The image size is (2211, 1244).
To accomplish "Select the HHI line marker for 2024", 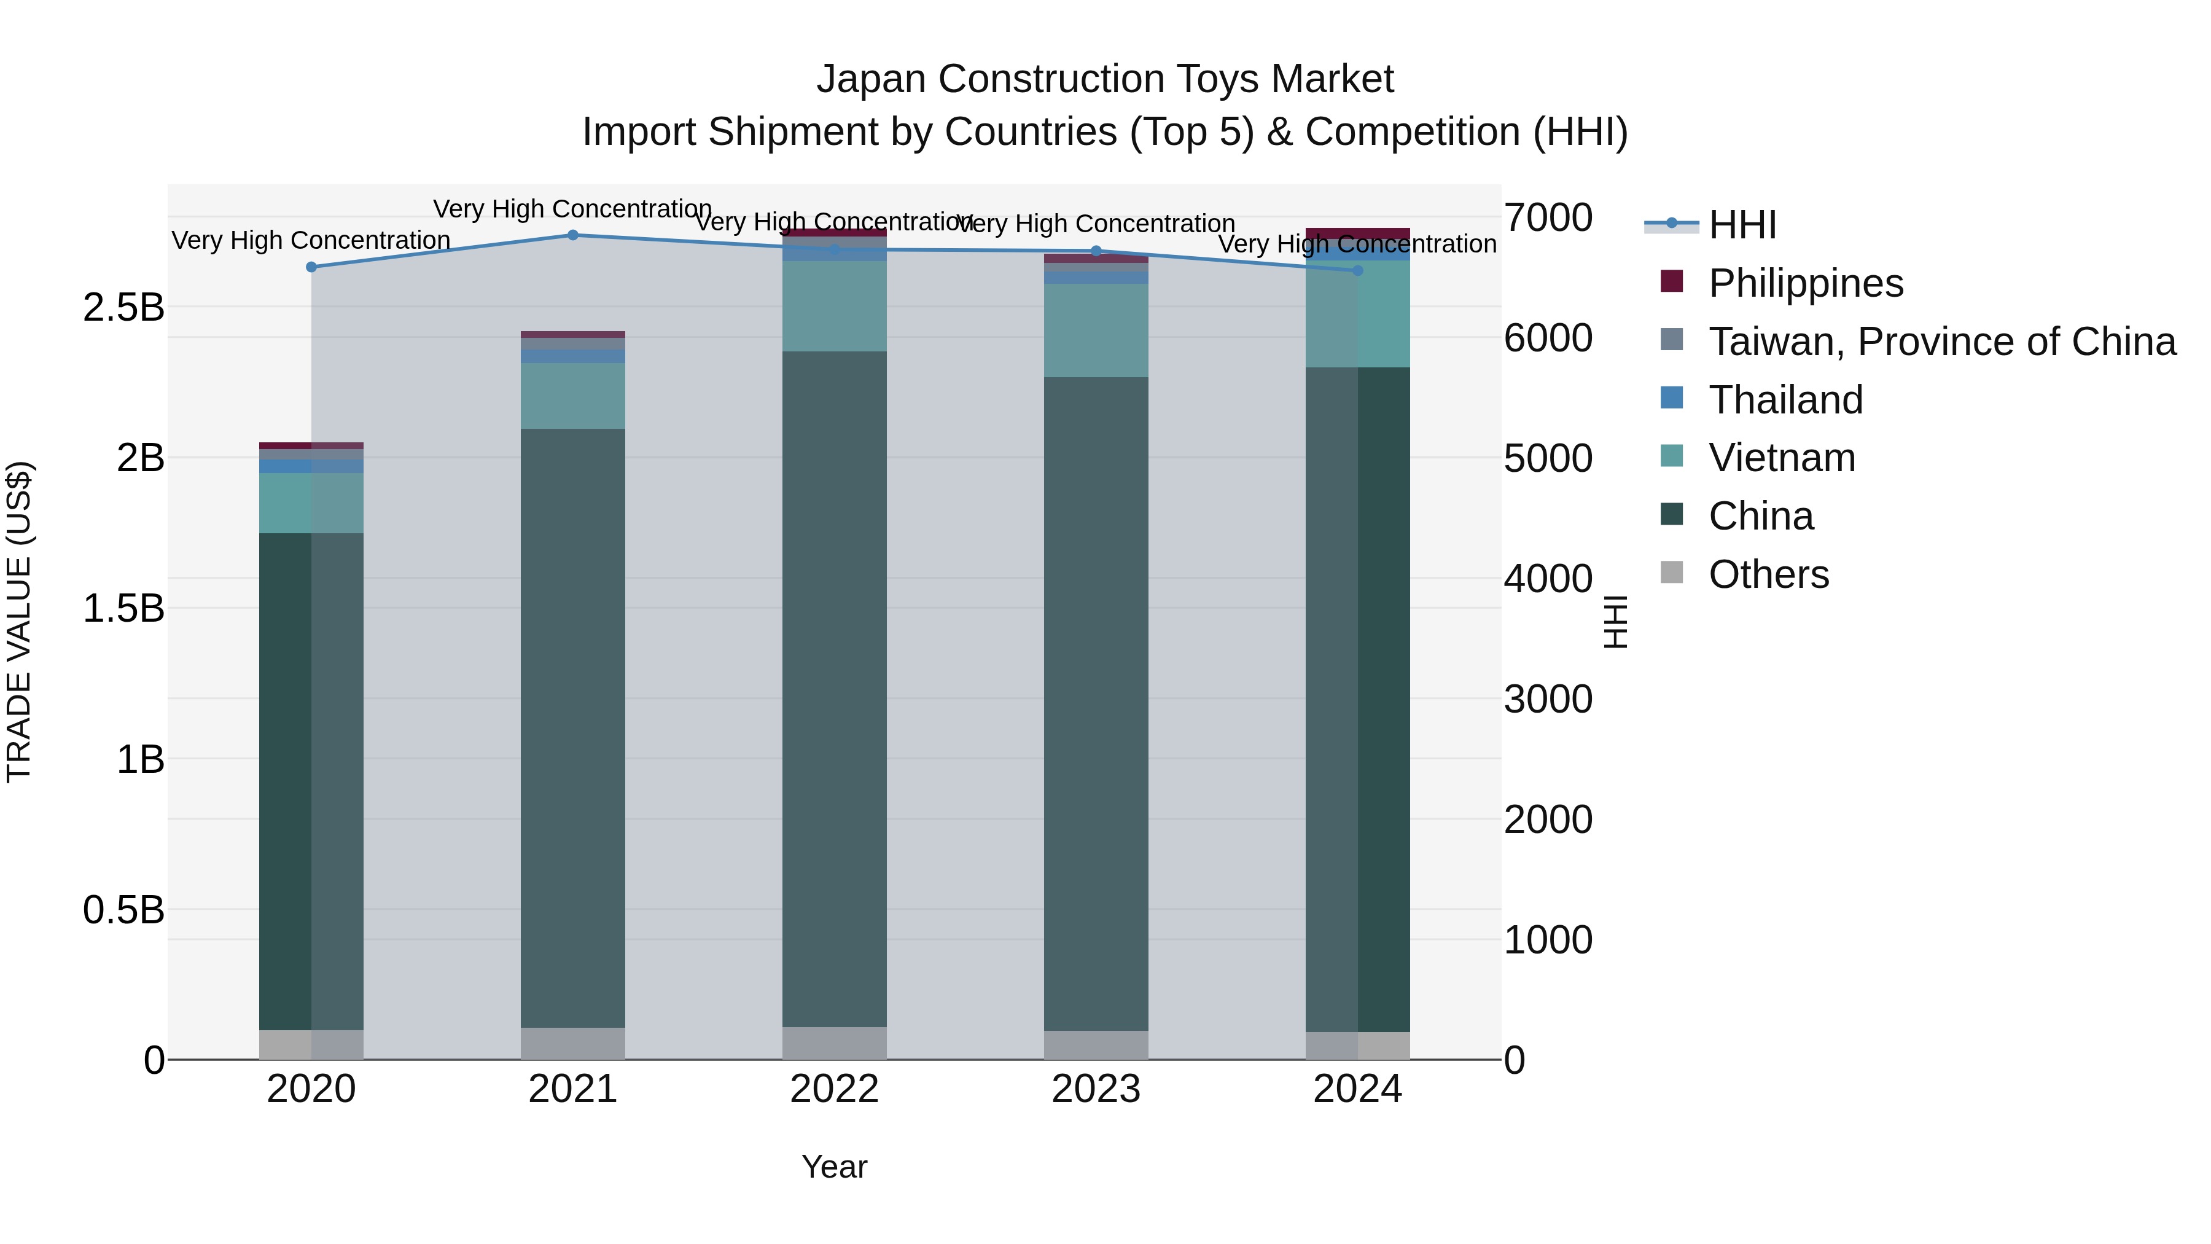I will point(1357,270).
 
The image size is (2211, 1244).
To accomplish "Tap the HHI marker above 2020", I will point(311,267).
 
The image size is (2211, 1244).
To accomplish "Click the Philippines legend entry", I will point(1805,283).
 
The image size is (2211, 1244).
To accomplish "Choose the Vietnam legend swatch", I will point(1671,456).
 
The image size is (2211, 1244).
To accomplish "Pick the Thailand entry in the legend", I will point(1785,400).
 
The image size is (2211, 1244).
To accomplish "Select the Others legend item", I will point(1768,574).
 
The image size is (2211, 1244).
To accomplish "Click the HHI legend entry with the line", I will point(1742,225).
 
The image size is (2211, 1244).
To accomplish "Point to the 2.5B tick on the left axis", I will point(123,307).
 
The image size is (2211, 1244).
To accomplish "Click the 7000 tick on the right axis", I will point(1548,217).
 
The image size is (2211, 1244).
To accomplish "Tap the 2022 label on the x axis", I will point(833,1089).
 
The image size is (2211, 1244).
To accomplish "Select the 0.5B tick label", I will point(123,910).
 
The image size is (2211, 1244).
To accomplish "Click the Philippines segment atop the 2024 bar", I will point(1357,235).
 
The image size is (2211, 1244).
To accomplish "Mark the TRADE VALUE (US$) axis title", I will point(19,622).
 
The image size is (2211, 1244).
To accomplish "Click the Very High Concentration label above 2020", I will point(311,240).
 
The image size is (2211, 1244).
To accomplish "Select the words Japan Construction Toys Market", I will point(1105,79).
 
